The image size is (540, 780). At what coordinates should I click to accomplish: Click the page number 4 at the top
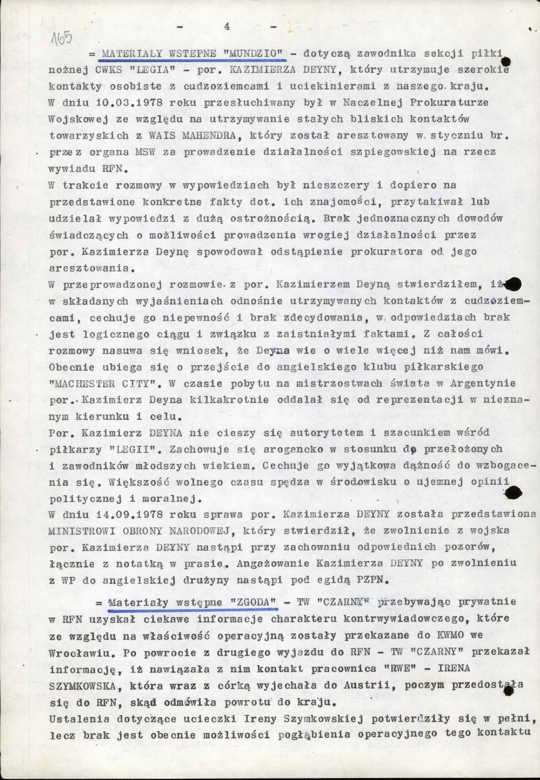[x=227, y=27]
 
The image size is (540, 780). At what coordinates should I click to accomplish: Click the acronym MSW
[x=143, y=152]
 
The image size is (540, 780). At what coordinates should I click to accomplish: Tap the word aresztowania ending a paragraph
[x=89, y=269]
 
